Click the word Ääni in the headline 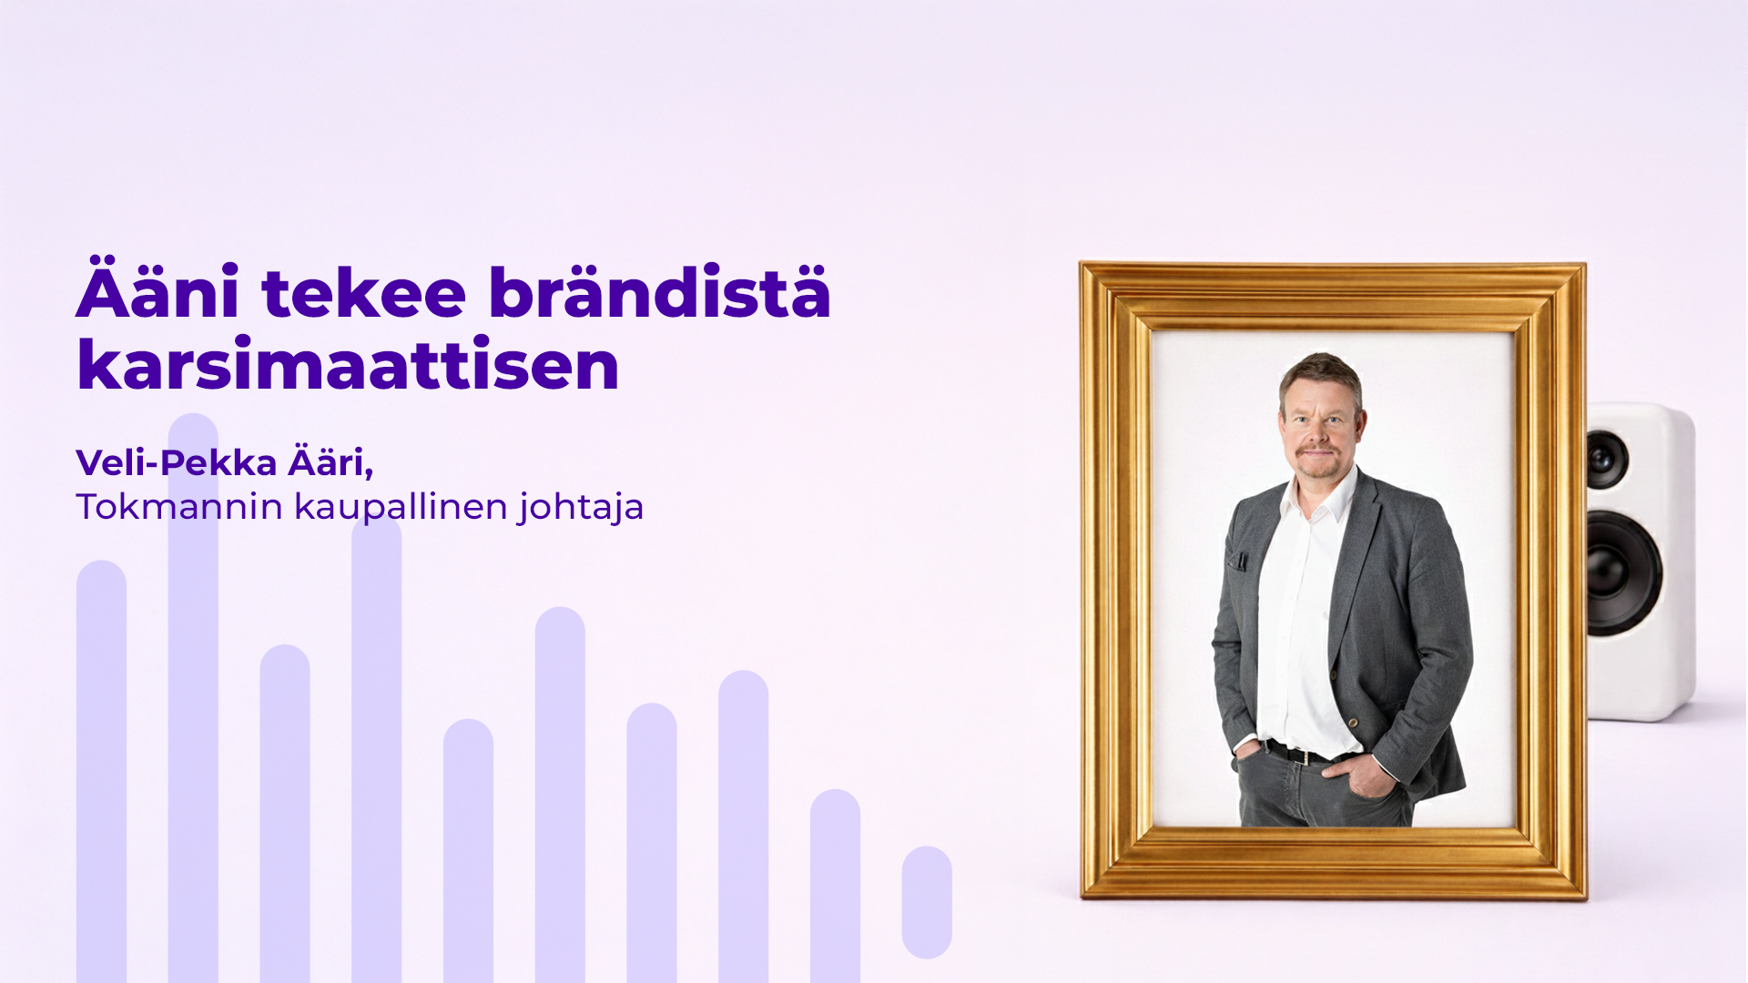[x=158, y=293]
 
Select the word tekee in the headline [x=363, y=293]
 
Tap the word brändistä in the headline [x=659, y=293]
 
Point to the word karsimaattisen [x=348, y=366]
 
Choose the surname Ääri [x=330, y=463]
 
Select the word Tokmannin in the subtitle [x=179, y=507]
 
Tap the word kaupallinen [x=401, y=507]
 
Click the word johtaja [x=582, y=507]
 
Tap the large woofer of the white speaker [x=1622, y=573]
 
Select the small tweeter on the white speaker [x=1606, y=458]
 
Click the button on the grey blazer [x=1354, y=723]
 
